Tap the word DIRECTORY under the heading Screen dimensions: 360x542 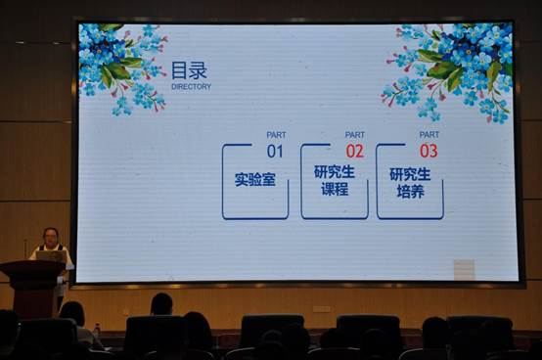191,86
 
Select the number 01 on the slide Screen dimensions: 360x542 275,151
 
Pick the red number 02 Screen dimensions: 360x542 354,151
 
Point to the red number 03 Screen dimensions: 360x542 429,151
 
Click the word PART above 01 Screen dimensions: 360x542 276,135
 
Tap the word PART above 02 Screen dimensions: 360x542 354,135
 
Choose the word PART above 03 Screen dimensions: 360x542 429,135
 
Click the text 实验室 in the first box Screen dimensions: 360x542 254,180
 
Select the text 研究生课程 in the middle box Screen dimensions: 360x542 334,180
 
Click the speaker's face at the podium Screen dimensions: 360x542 51,237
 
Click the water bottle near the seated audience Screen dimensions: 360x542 96,332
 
